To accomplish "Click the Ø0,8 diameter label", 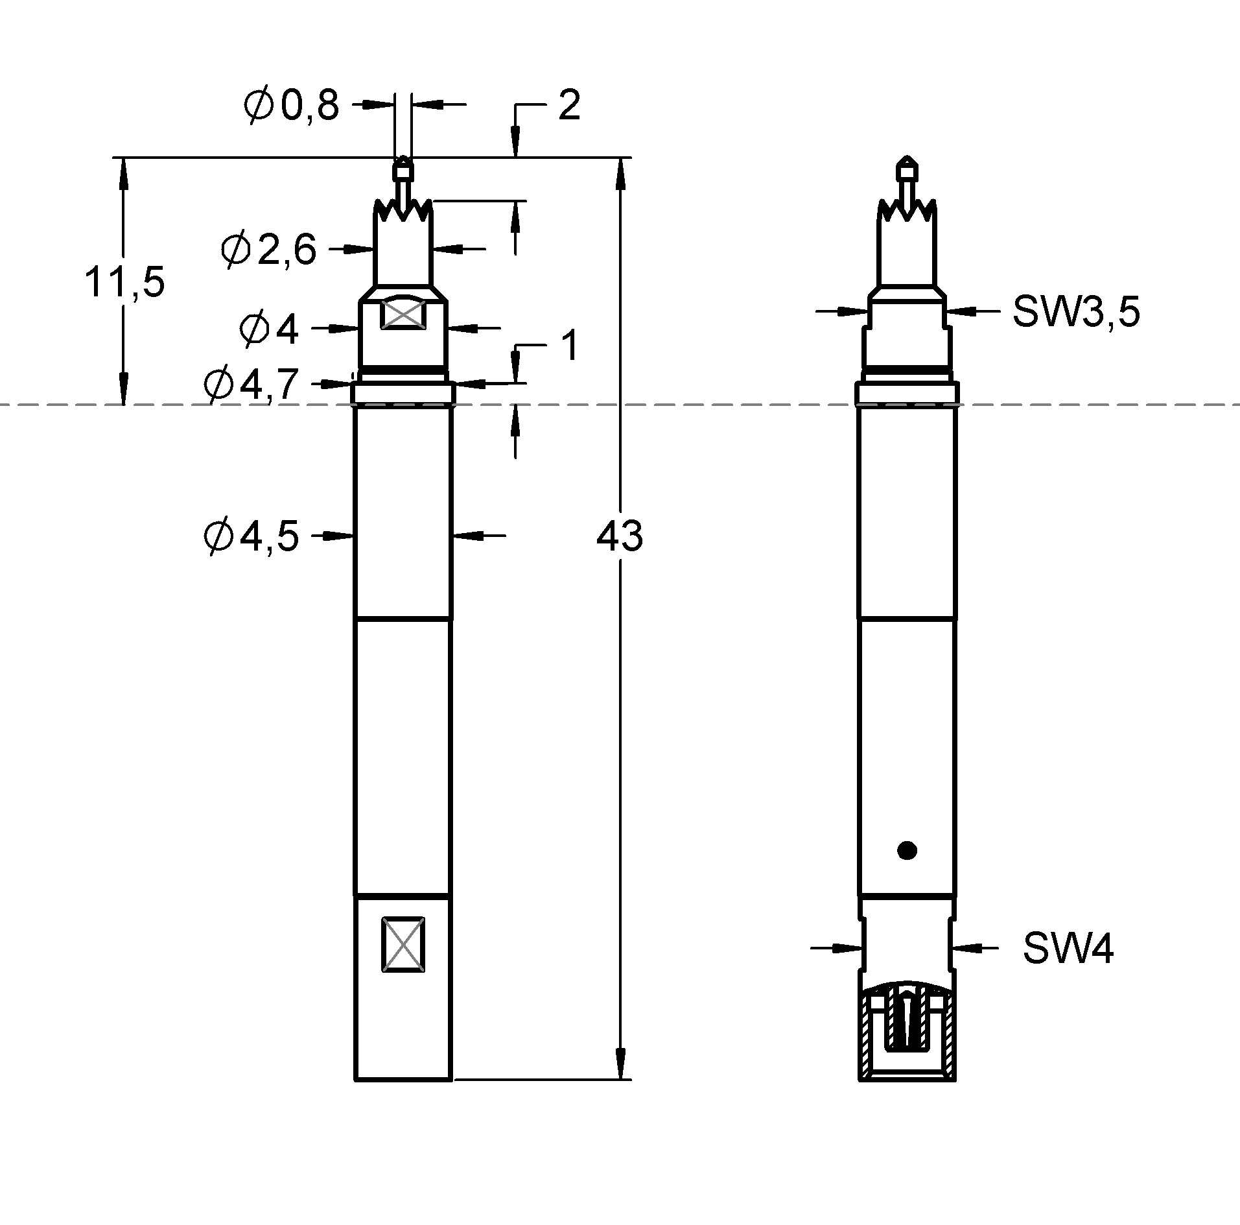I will pyautogui.click(x=292, y=105).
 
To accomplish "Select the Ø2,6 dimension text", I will pyautogui.click(x=268, y=250).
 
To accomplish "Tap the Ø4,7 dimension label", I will pyautogui.click(x=251, y=385).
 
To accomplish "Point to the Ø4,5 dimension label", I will pyautogui.click(x=252, y=536).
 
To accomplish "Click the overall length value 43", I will pyautogui.click(x=619, y=536).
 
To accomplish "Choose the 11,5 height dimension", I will pyautogui.click(x=124, y=282).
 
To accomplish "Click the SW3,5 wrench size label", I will pyautogui.click(x=1075, y=312).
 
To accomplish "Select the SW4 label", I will pyautogui.click(x=1068, y=949).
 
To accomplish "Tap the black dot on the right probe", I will pyautogui.click(x=907, y=850).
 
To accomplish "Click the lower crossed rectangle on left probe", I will pyautogui.click(x=403, y=944).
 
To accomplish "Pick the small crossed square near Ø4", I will pyautogui.click(x=403, y=314).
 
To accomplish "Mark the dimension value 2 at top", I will pyautogui.click(x=568, y=105).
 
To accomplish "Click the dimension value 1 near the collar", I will pyautogui.click(x=569, y=346).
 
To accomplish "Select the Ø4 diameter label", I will pyautogui.click(x=269, y=329).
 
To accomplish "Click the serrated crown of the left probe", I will pyautogui.click(x=403, y=211).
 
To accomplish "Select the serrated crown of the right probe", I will pyautogui.click(x=907, y=211).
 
